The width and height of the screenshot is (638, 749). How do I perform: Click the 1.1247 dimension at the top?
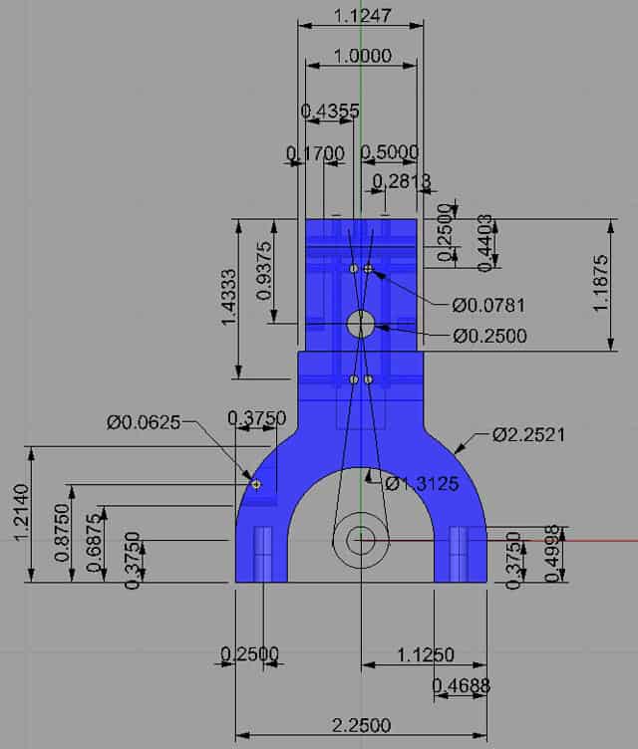click(x=363, y=16)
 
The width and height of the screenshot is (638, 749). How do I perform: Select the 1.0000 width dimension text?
click(x=360, y=57)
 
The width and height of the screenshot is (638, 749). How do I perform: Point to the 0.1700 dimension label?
click(x=314, y=153)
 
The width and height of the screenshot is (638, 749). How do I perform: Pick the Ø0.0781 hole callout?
click(x=487, y=305)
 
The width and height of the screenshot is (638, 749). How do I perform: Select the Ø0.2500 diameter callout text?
click(x=489, y=337)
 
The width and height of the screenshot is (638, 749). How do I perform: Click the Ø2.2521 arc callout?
click(x=528, y=435)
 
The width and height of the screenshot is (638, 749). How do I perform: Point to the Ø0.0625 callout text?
click(x=144, y=422)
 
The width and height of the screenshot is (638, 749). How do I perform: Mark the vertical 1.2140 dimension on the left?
click(x=23, y=515)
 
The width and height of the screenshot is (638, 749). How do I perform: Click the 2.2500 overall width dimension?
click(x=360, y=725)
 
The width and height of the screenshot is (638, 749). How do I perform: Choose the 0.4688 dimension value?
click(x=462, y=686)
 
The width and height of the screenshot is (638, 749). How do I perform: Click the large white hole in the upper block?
click(x=360, y=323)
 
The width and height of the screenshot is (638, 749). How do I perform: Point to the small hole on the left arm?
click(x=256, y=484)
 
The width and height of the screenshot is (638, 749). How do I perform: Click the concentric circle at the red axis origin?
click(x=361, y=540)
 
